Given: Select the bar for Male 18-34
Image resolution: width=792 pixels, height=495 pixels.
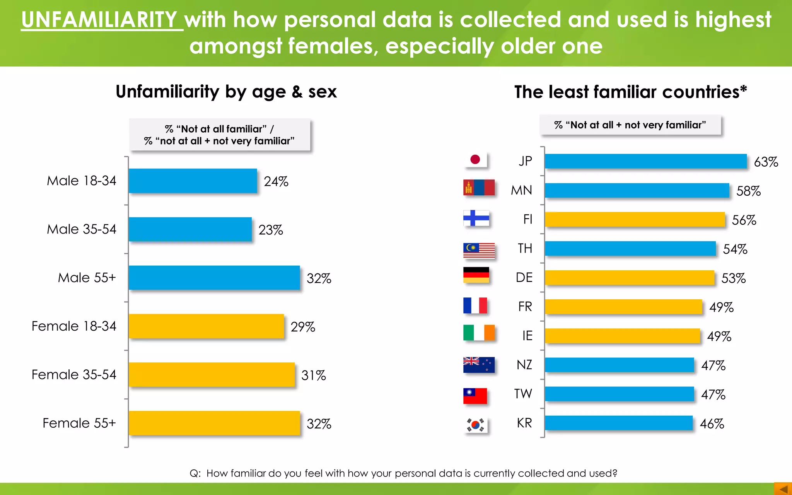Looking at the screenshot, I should pyautogui.click(x=193, y=181).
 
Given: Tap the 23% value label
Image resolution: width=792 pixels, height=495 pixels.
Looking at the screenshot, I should pyautogui.click(x=271, y=230).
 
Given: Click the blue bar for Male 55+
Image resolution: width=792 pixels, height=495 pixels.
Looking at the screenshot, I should pyautogui.click(x=214, y=278).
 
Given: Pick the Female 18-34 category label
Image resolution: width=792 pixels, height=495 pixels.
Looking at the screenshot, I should pyautogui.click(x=74, y=326).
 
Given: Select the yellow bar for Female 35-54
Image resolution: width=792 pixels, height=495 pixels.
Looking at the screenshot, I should pyautogui.click(x=212, y=374).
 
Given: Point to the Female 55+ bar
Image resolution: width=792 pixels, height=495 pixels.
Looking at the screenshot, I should pyautogui.click(x=214, y=423).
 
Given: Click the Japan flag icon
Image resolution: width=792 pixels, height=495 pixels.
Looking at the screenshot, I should pyautogui.click(x=475, y=160).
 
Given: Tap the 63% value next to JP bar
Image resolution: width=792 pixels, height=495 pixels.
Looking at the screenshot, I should pyautogui.click(x=766, y=162).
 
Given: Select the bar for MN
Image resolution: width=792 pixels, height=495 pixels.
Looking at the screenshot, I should pyautogui.click(x=637, y=191).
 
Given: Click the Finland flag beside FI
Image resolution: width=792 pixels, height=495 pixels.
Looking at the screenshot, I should pyautogui.click(x=476, y=218).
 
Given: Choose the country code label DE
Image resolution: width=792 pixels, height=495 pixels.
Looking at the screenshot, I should pyautogui.click(x=524, y=278).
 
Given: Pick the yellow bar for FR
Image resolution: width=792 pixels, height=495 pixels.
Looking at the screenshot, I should pyautogui.click(x=623, y=307).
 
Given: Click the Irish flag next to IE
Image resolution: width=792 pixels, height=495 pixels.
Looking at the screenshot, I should pyautogui.click(x=479, y=333).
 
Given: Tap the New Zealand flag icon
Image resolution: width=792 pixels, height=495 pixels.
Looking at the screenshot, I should pyautogui.click(x=479, y=364).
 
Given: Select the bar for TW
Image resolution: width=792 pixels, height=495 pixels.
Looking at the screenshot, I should pyautogui.click(x=619, y=394).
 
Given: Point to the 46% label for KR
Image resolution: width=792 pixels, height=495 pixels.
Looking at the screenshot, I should pyautogui.click(x=712, y=424).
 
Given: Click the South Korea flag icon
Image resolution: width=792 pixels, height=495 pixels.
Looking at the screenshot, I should pyautogui.click(x=476, y=425).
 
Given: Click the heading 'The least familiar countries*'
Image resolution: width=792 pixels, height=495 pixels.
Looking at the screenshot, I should pyautogui.click(x=630, y=92).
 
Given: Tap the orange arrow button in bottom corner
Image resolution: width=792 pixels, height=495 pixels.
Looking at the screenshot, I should pyautogui.click(x=783, y=489).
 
